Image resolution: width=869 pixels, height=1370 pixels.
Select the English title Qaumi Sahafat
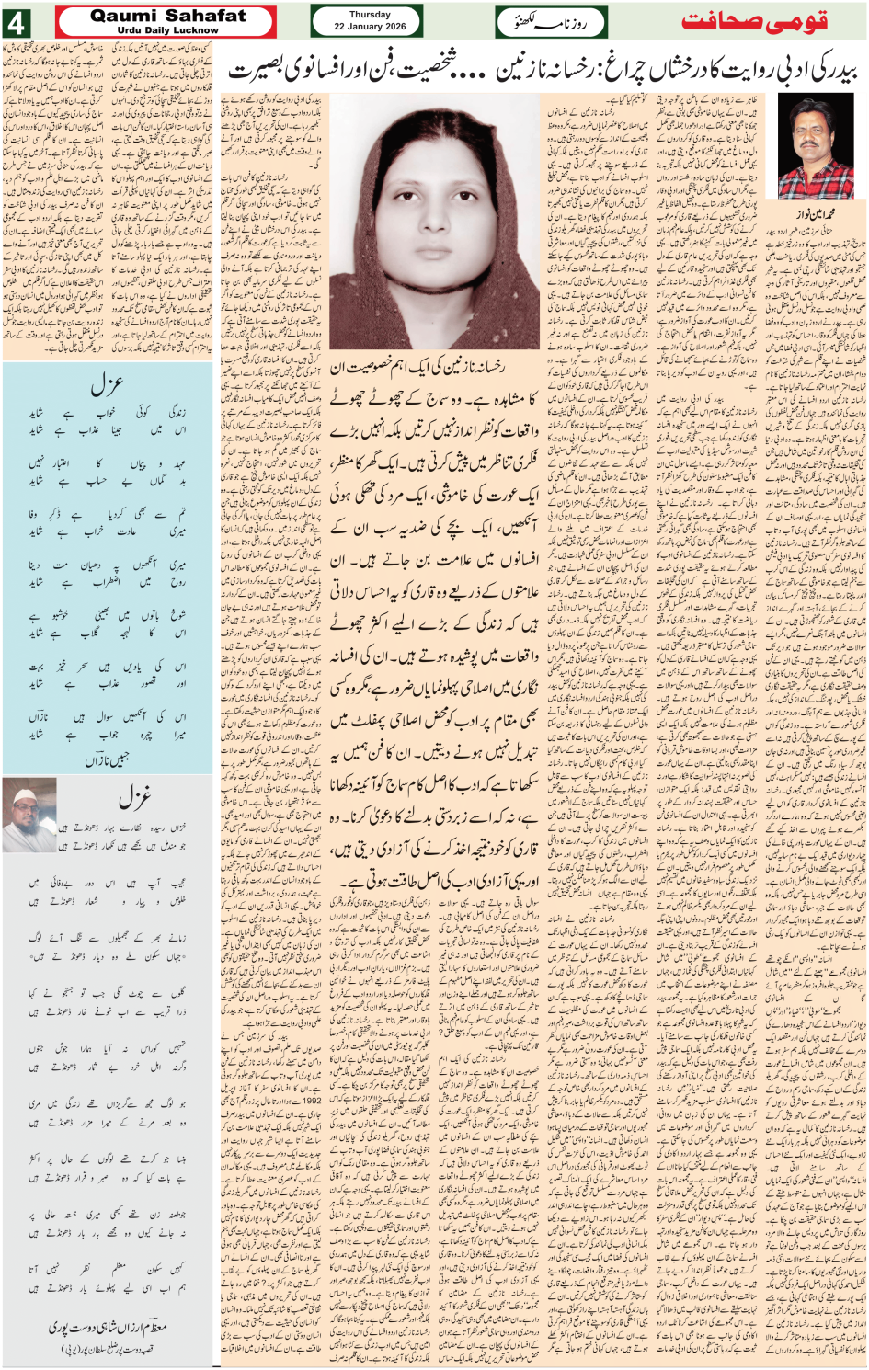168,16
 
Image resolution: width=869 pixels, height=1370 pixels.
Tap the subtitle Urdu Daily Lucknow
168,29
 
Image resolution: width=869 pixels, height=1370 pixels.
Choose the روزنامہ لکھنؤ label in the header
540,21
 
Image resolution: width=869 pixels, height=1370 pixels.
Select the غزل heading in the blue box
105,384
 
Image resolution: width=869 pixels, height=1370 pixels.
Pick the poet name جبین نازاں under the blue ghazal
109,760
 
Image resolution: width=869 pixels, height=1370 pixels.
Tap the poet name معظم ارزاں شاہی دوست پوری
109,1329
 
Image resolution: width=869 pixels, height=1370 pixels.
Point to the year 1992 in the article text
312,1099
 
